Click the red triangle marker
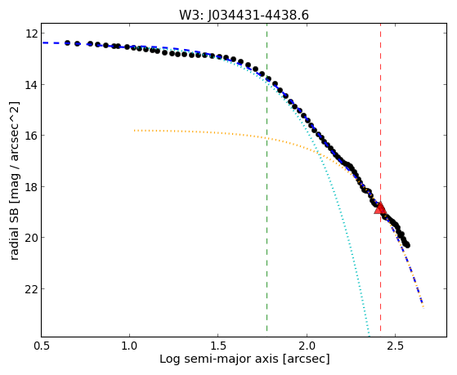pyautogui.click(x=380, y=208)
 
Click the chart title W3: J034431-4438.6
pyautogui.click(x=244, y=16)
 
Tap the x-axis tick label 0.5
pyautogui.click(x=41, y=346)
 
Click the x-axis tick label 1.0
pyautogui.click(x=129, y=346)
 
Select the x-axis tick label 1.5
pyautogui.click(x=218, y=346)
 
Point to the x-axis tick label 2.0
pyautogui.click(x=307, y=346)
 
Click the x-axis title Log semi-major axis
pyautogui.click(x=219, y=359)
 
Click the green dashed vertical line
pyautogui.click(x=267, y=180)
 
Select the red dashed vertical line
pyautogui.click(x=380, y=180)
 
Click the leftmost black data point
pyautogui.click(x=67, y=42)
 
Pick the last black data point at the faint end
pyautogui.click(x=407, y=245)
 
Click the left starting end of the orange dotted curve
pyautogui.click(x=134, y=130)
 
